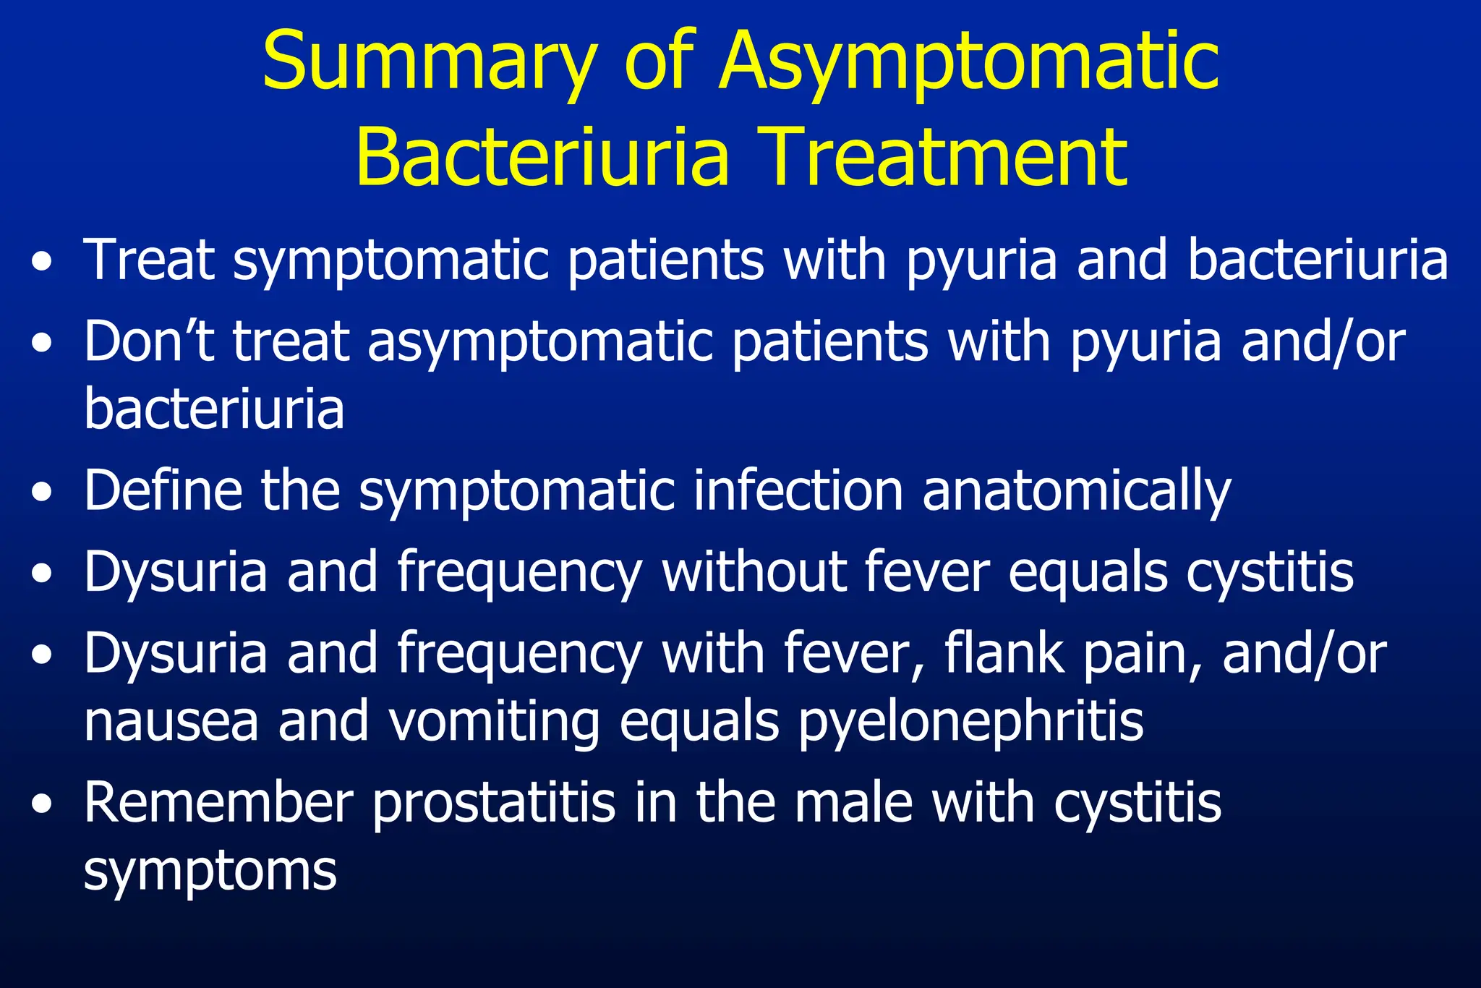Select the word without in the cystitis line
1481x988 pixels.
(x=753, y=571)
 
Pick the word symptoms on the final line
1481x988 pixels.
(x=210, y=872)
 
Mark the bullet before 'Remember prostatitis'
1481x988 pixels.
(x=43, y=805)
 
